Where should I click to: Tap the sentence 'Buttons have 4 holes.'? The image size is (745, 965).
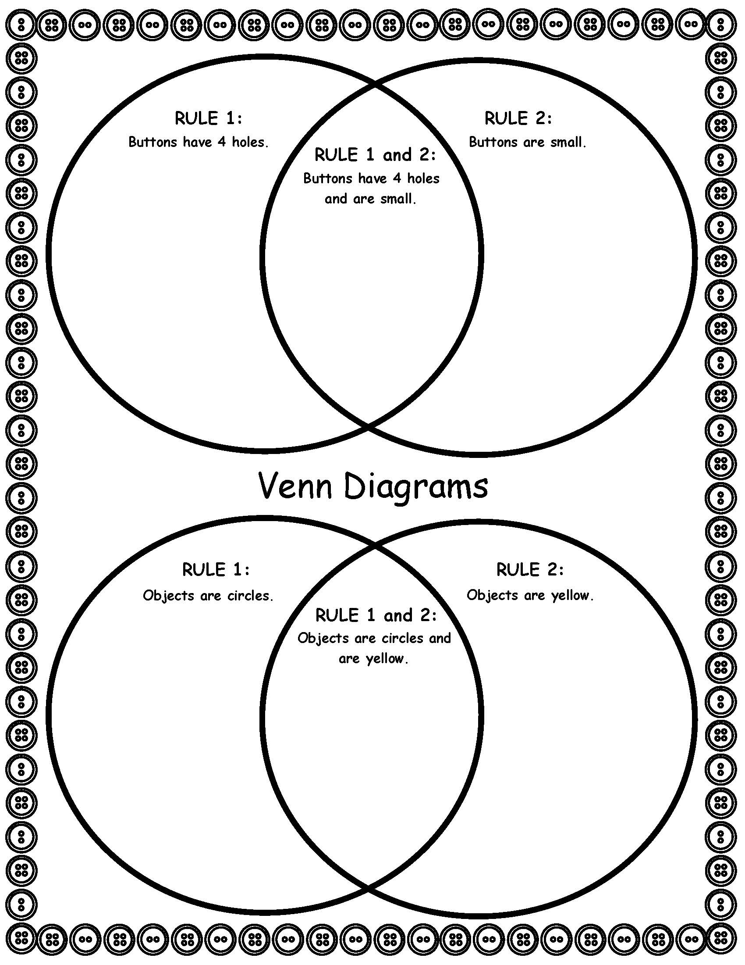[198, 142]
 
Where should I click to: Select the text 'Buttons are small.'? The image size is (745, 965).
[527, 142]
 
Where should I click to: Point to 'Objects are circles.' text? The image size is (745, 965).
[208, 596]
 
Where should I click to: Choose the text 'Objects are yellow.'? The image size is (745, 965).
[530, 595]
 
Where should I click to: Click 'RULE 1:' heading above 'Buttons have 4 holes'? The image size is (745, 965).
[208, 118]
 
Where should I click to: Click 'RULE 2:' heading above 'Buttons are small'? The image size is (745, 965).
[518, 118]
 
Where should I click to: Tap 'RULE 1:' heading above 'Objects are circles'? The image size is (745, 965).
[216, 570]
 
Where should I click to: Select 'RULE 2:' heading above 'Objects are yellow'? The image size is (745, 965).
[530, 569]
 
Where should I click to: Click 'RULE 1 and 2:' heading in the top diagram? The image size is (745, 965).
[375, 155]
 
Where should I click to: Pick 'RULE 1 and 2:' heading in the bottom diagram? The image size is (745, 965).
[376, 615]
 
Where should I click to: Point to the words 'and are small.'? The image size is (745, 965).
[371, 199]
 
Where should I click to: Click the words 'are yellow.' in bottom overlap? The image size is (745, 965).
[373, 659]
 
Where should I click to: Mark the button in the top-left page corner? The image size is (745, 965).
[20, 23]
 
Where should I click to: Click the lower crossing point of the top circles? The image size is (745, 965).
[369, 427]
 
